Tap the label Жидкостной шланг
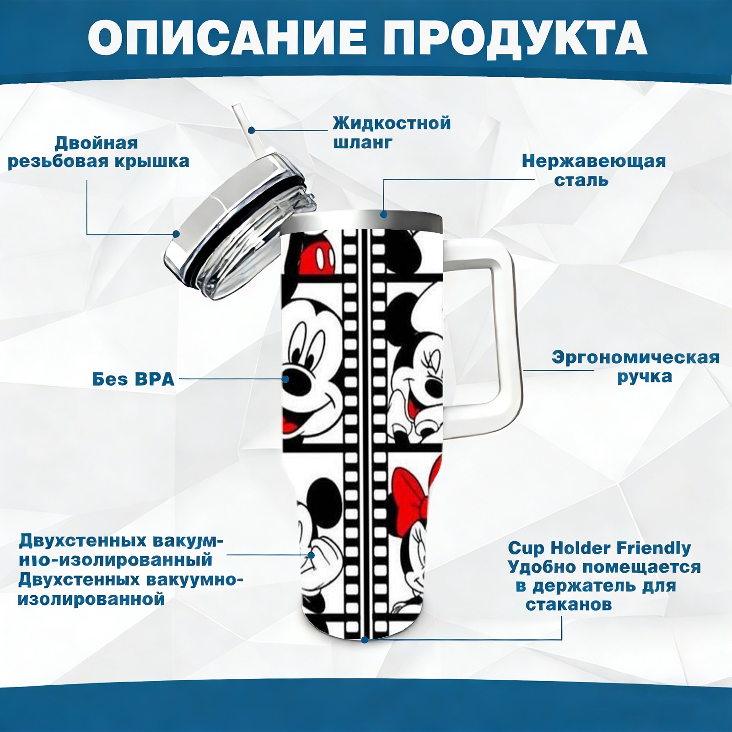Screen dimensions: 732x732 392,133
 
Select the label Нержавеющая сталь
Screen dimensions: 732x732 594,170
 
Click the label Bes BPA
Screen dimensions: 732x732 134,379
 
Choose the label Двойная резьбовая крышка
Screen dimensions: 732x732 98,152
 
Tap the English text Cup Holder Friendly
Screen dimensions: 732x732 599,548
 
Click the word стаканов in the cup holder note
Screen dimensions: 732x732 569,604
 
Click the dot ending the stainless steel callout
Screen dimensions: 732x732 383,214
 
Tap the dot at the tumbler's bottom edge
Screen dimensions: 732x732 365,639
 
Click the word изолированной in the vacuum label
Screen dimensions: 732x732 91,599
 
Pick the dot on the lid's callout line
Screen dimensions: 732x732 176,234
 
